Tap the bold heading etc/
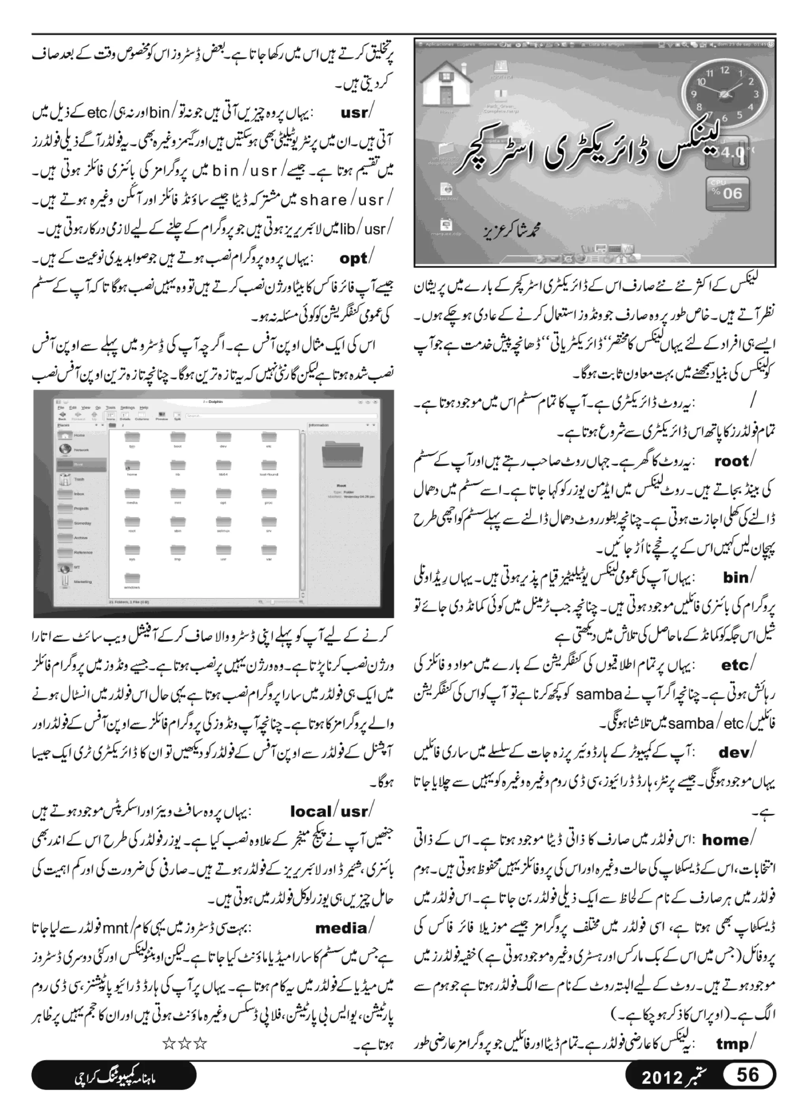pyautogui.click(x=737, y=665)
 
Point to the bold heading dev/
pyautogui.click(x=736, y=752)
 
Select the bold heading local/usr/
pyautogui.click(x=330, y=811)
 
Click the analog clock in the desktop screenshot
pyautogui.click(x=724, y=93)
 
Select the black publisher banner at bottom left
pyautogui.click(x=114, y=1076)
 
